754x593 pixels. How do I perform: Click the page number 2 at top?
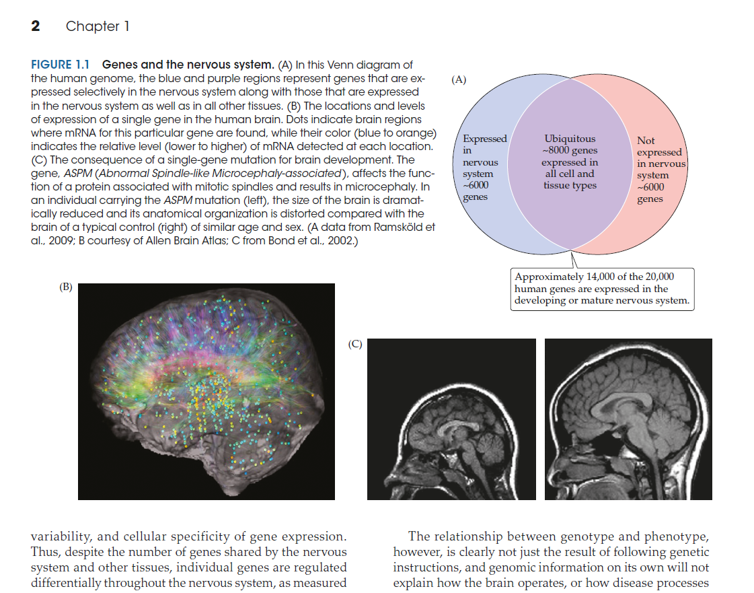(x=36, y=26)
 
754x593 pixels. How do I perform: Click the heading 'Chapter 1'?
(x=98, y=26)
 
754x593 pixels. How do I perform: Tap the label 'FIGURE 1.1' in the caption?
(x=61, y=65)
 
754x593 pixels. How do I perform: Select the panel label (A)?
(x=459, y=79)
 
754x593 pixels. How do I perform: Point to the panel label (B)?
(x=66, y=287)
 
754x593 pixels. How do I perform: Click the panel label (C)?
(x=355, y=343)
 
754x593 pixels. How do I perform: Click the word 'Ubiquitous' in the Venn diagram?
(x=570, y=139)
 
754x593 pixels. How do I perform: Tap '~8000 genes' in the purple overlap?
(x=570, y=150)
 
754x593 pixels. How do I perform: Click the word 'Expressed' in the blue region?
(x=485, y=139)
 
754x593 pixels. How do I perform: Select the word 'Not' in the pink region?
(x=646, y=141)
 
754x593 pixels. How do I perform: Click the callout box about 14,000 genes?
(x=602, y=289)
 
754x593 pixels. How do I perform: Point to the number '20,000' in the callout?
(x=658, y=277)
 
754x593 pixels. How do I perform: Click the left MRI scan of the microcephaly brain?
(x=451, y=419)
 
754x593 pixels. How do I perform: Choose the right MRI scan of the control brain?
(x=628, y=419)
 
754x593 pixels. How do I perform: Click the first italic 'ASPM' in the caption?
(x=77, y=173)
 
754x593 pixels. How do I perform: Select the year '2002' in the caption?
(x=338, y=241)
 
